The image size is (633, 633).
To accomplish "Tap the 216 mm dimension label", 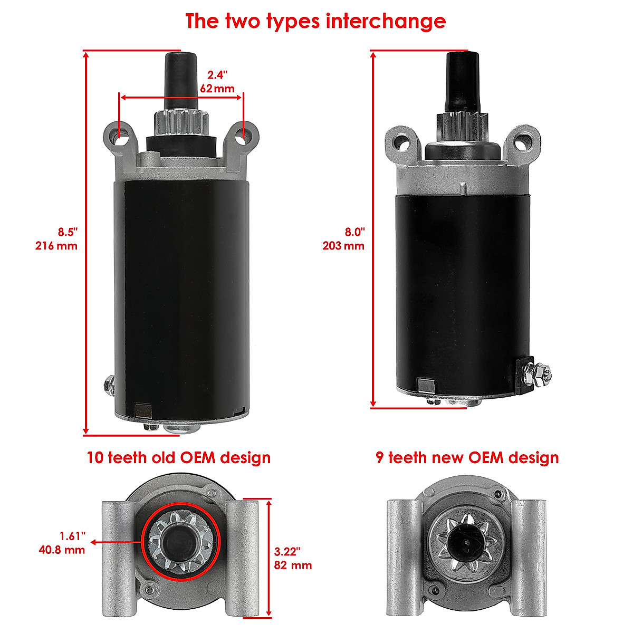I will (x=56, y=246).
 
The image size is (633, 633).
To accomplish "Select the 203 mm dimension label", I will (x=343, y=246).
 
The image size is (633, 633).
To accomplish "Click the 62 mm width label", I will (x=217, y=88).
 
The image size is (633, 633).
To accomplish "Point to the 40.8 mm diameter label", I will (x=62, y=550).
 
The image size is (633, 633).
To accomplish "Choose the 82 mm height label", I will (x=293, y=565).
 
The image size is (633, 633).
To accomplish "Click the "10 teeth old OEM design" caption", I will (x=178, y=457).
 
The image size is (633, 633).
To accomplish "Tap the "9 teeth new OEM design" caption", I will (x=467, y=457).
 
